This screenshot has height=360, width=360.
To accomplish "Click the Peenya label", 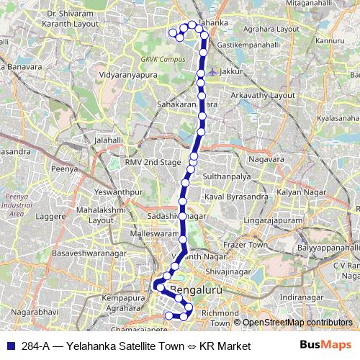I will (x=64, y=168).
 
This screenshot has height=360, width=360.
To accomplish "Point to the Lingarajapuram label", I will (x=274, y=218).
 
